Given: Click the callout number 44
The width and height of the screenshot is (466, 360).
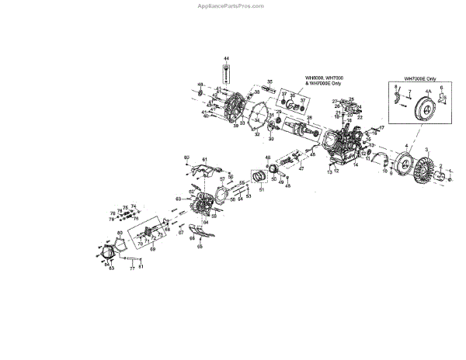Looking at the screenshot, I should pyautogui.click(x=227, y=60).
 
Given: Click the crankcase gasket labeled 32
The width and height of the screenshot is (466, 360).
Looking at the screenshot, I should pyautogui.click(x=256, y=133).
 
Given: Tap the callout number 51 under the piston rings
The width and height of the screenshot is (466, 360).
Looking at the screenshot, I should pyautogui.click(x=262, y=189).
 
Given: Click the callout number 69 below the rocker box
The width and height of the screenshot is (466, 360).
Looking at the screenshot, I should pyautogui.click(x=153, y=249).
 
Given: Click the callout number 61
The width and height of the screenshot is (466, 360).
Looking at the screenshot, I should pyautogui.click(x=204, y=159).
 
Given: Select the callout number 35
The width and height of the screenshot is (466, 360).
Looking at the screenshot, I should pyautogui.click(x=270, y=81).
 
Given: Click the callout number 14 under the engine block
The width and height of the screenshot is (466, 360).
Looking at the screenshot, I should pyautogui.click(x=358, y=165).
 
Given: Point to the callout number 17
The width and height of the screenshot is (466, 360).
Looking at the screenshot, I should pyautogui.click(x=381, y=127).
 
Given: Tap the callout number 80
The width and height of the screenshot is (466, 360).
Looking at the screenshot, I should pyautogui.click(x=186, y=157).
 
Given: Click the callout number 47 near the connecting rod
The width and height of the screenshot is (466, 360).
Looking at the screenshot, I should pyautogui.click(x=302, y=169).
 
